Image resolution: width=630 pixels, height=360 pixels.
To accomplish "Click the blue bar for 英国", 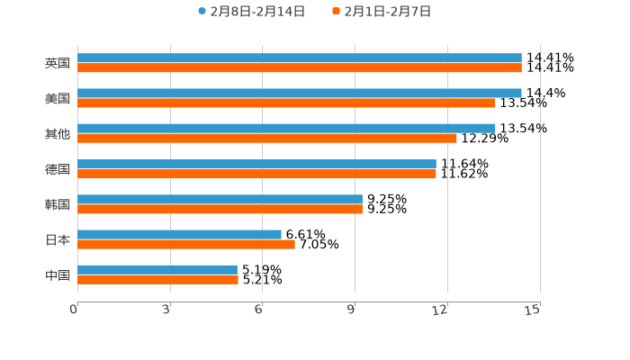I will coord(300,58).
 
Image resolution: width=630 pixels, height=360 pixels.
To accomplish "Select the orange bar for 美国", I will coord(286,103).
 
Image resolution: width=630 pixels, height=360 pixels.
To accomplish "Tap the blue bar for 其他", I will coord(286,129).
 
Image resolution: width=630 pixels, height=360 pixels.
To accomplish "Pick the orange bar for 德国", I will coord(256,174).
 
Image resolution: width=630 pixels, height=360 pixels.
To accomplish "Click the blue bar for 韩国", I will coord(220,199).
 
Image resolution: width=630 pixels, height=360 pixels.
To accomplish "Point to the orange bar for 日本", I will coord(186,244).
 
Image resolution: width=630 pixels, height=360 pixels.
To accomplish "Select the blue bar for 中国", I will coord(157,269).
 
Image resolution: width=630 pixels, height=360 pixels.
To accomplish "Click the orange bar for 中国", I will coord(157,279).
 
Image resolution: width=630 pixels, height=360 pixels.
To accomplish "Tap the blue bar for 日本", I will coord(179,235).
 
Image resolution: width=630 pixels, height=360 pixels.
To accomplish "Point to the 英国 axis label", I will coord(58,64).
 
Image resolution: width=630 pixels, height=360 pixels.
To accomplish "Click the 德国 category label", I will coord(58,169).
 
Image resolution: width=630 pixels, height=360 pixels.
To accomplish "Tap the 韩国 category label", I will coord(58,204).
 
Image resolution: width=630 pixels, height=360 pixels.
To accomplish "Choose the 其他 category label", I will coord(58,134).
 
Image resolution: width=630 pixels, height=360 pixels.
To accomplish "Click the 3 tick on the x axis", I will coord(166,310).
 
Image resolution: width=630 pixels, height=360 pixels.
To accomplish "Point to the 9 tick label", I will coord(351,310).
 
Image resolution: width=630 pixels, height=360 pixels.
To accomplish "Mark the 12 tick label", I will coord(441,310).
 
